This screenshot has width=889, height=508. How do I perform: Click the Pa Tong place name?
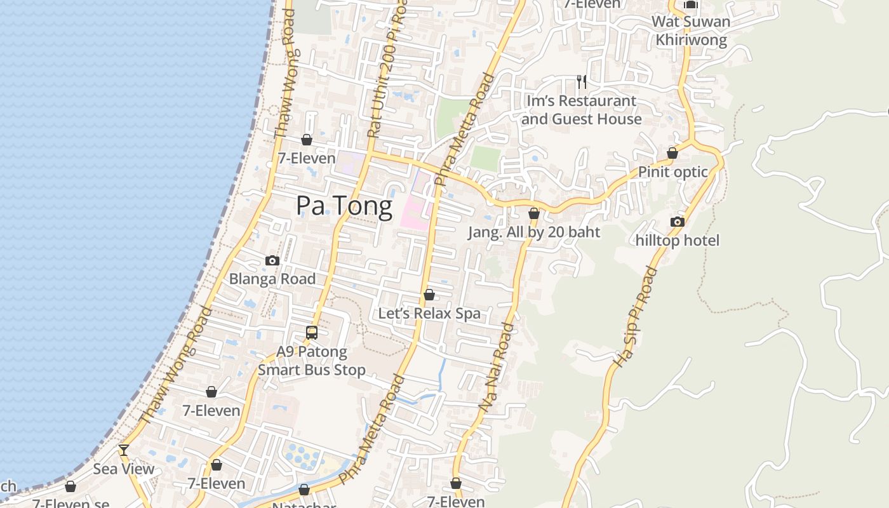[x=344, y=206]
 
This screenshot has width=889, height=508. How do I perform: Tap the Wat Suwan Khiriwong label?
[x=691, y=30]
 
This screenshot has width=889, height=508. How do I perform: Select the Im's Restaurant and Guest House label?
[x=581, y=110]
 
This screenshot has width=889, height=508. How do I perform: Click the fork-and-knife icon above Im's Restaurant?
[x=581, y=81]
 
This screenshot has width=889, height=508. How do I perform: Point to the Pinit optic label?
[x=672, y=172]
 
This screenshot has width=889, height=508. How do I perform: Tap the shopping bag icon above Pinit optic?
[x=672, y=153]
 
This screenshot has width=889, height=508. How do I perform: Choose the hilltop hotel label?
[x=678, y=241]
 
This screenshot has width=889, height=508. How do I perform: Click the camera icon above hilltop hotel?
[x=678, y=222]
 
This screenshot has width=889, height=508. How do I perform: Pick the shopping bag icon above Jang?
[x=534, y=213]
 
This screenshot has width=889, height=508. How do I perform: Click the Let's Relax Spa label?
[x=429, y=314]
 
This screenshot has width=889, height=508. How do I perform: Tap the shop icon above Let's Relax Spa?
[x=429, y=295]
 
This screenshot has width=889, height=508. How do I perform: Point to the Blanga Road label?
[x=272, y=279]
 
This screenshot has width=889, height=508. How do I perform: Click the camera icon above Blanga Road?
[x=272, y=260]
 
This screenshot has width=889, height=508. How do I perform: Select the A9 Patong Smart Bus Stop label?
[x=312, y=361]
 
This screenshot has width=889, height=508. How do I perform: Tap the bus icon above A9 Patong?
[x=312, y=332]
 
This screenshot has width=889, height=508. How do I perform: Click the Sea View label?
[x=124, y=469]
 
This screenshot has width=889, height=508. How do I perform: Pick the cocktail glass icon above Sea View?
[x=124, y=450]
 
